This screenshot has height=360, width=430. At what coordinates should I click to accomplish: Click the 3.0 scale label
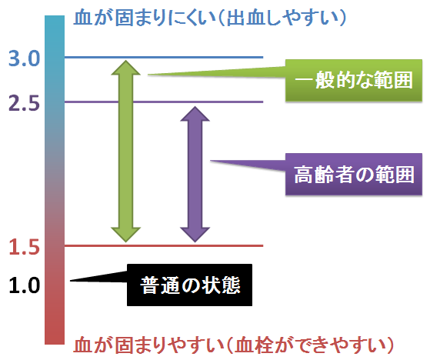click(25, 58)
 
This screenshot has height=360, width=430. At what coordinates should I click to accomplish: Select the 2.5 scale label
click(25, 103)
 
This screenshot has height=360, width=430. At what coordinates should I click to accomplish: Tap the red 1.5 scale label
click(25, 247)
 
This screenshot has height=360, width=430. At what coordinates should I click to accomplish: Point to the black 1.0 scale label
click(25, 285)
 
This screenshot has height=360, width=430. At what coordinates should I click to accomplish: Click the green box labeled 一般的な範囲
click(354, 80)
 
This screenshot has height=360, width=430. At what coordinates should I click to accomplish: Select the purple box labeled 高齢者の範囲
click(354, 175)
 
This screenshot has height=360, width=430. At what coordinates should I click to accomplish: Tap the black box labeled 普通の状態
click(189, 285)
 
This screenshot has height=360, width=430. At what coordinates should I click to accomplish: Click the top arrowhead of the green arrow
click(126, 61)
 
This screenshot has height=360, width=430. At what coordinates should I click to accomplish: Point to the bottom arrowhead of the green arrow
click(126, 242)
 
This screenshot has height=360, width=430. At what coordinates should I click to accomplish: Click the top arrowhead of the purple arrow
click(195, 107)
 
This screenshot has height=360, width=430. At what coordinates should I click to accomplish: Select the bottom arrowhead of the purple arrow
click(195, 242)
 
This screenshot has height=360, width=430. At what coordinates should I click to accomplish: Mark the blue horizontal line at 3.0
click(164, 57)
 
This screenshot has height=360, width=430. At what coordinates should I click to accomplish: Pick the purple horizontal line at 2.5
click(164, 102)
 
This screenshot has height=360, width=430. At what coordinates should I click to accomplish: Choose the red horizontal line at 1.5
click(164, 245)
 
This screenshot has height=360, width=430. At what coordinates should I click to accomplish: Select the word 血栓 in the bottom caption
click(254, 345)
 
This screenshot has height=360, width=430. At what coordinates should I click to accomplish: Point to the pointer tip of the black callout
click(71, 281)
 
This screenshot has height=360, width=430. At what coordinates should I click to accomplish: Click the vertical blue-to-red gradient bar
click(55, 179)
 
